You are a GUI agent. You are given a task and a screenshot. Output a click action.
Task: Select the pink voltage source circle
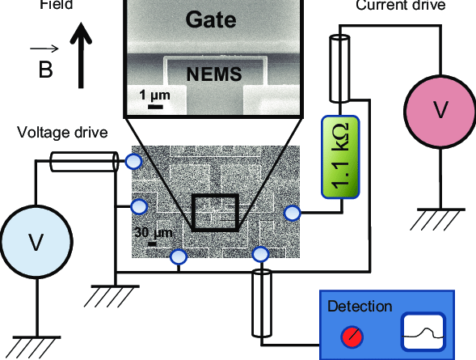point(439,110)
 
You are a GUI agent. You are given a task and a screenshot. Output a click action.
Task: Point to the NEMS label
point(215,75)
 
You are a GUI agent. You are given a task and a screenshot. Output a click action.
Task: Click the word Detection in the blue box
point(360,307)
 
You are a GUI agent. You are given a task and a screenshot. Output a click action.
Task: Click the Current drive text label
point(399,6)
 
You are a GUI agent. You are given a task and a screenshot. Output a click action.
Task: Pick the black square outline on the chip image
point(214,212)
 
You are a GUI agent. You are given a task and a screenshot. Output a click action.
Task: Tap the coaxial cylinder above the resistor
point(339,67)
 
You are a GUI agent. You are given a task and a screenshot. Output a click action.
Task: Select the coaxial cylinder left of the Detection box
point(262,303)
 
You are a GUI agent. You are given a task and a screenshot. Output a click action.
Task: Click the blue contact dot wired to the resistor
point(293,213)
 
